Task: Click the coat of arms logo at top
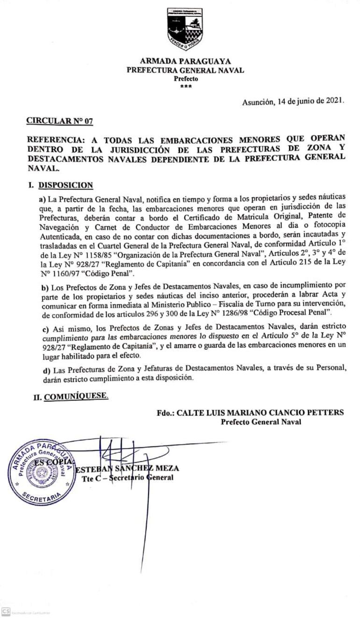(185, 29)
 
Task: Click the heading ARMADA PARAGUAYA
(186, 61)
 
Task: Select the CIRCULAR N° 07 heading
(59, 121)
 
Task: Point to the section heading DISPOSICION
(65, 185)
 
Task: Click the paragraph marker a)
(42, 199)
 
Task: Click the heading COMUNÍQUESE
(76, 397)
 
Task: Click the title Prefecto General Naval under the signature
(261, 422)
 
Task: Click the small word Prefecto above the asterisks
(186, 79)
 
